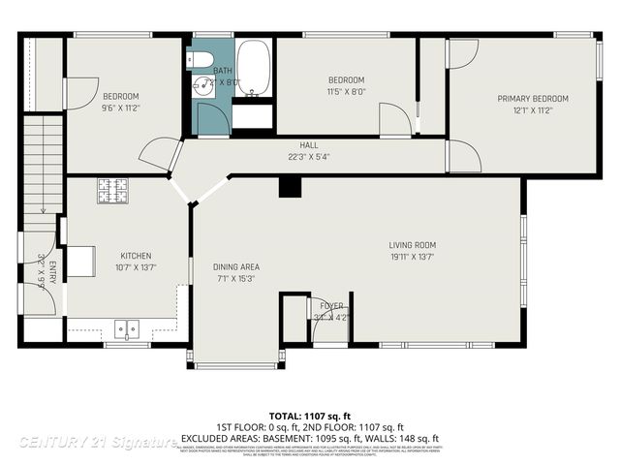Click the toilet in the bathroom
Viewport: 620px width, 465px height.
tap(202, 61)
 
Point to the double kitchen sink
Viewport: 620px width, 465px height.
tap(127, 327)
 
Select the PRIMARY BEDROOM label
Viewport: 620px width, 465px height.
tap(532, 99)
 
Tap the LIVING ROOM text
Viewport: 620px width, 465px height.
tap(413, 245)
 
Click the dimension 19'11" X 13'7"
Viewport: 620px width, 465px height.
tap(413, 257)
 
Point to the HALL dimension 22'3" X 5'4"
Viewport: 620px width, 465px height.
tap(308, 157)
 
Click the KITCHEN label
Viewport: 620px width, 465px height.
tap(136, 256)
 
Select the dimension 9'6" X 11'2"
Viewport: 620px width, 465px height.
tap(121, 108)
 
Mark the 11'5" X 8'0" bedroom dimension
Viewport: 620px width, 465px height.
tap(345, 91)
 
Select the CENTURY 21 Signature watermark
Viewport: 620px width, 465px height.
tap(97, 442)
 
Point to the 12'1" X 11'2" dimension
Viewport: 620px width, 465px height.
tap(532, 110)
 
